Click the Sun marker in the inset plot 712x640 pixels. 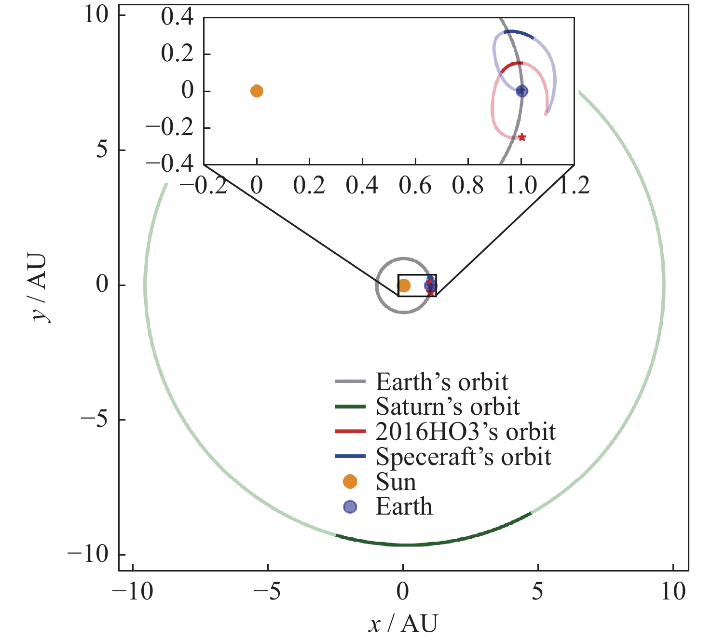(257, 91)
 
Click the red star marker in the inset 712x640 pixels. (522, 137)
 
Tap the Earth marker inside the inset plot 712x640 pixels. (521, 91)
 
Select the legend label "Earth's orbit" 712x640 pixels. (441, 382)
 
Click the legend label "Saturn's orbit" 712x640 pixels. (447, 407)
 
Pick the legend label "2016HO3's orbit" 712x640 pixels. (465, 432)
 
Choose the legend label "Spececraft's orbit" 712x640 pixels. (463, 457)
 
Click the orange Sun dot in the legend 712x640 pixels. (350, 481)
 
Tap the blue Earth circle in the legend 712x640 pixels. (350, 506)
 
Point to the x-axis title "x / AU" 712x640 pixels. (403, 624)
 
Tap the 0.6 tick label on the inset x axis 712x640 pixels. (415, 185)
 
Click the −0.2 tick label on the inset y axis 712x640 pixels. (170, 128)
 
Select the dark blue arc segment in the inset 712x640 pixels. (519, 33)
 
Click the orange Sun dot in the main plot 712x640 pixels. (404, 286)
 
